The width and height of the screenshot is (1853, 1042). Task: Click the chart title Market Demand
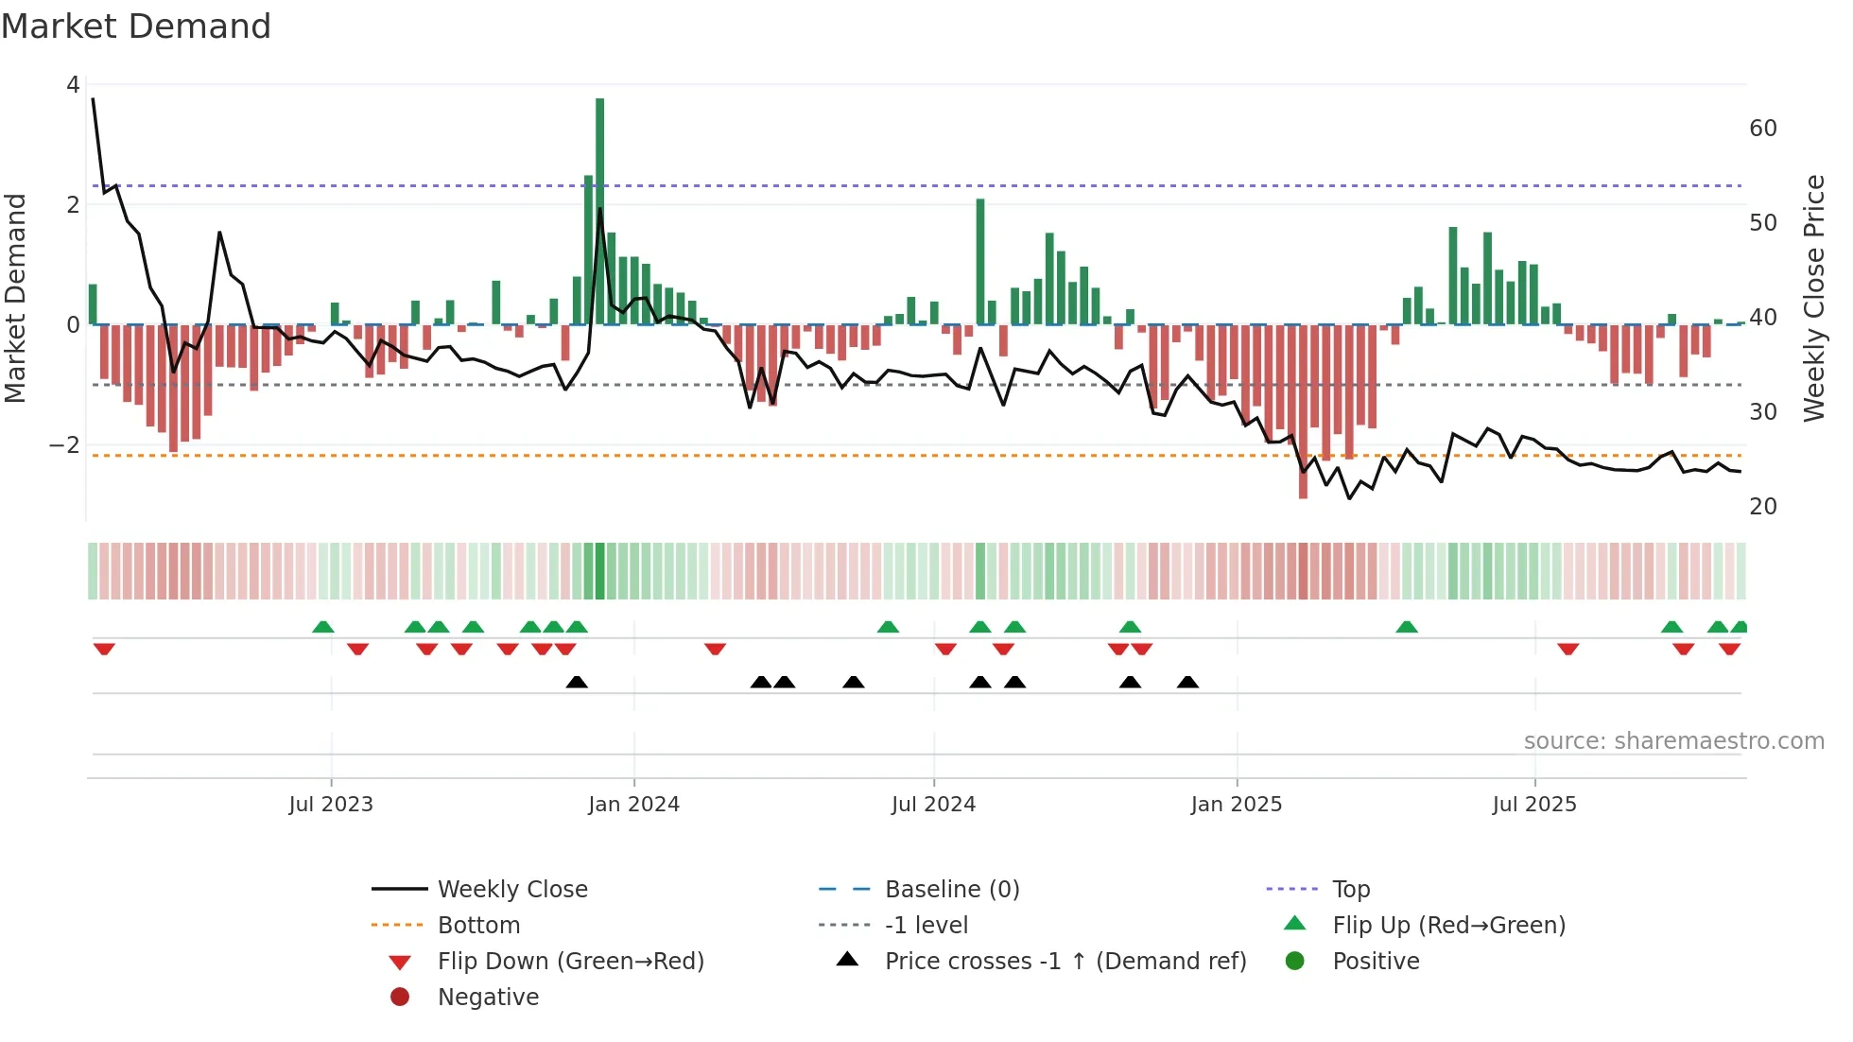pyautogui.click(x=136, y=26)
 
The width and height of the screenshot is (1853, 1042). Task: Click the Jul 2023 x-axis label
pyautogui.click(x=331, y=805)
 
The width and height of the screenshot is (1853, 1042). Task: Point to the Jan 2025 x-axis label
pyautogui.click(x=1236, y=805)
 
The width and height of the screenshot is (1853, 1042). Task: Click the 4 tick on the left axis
pyautogui.click(x=73, y=85)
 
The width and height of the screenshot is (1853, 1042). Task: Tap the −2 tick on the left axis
pyautogui.click(x=64, y=445)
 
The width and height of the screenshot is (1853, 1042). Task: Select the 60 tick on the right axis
pyautogui.click(x=1763, y=129)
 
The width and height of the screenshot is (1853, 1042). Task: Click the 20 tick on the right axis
pyautogui.click(x=1763, y=507)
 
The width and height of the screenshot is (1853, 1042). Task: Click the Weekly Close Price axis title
pyautogui.click(x=1813, y=298)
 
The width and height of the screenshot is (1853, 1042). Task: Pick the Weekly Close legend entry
pyautogui.click(x=511, y=890)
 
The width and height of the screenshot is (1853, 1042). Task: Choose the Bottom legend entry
pyautogui.click(x=478, y=926)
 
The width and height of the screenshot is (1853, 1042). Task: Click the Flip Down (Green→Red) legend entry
pyautogui.click(x=570, y=962)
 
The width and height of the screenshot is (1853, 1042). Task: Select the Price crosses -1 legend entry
pyautogui.click(x=1065, y=962)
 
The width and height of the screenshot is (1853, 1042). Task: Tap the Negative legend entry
pyautogui.click(x=488, y=998)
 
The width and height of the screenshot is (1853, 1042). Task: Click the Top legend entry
pyautogui.click(x=1350, y=890)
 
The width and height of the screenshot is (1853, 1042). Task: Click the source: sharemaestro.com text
pyautogui.click(x=1673, y=741)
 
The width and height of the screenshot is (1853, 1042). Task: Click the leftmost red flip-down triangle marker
pyautogui.click(x=104, y=649)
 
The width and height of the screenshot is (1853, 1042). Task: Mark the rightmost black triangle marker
pyautogui.click(x=1187, y=682)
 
